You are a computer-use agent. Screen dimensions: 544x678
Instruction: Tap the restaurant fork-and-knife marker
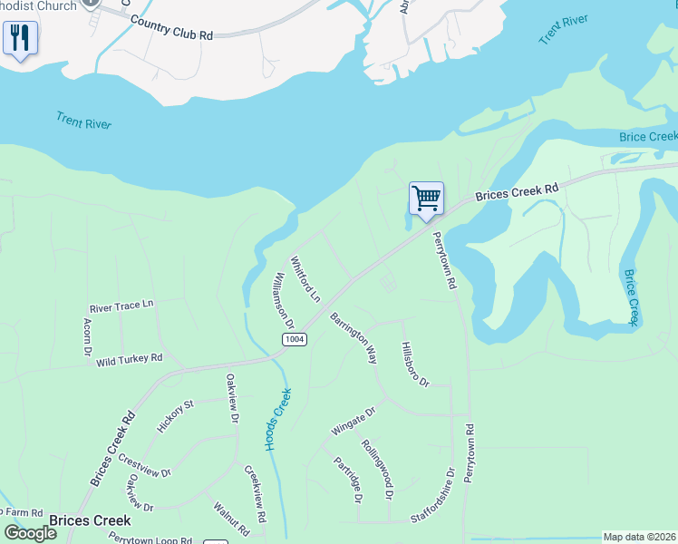pyautogui.click(x=20, y=39)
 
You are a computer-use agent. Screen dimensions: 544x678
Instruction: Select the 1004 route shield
pyautogui.click(x=294, y=339)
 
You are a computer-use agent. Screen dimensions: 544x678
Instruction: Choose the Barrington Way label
pyautogui.click(x=354, y=338)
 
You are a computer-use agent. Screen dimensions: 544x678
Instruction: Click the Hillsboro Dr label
pyautogui.click(x=414, y=364)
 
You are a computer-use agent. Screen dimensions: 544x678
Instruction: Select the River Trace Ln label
pyautogui.click(x=121, y=306)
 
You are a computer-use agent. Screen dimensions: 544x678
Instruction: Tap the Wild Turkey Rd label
pyautogui.click(x=129, y=360)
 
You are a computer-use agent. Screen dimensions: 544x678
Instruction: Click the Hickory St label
pyautogui.click(x=176, y=416)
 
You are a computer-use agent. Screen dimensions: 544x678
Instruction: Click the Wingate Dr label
pyautogui.click(x=353, y=419)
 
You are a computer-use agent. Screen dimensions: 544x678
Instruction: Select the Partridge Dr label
pyautogui.click(x=348, y=480)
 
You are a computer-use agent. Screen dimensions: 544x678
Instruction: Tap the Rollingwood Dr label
pyautogui.click(x=377, y=471)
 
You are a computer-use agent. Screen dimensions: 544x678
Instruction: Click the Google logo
pyautogui.click(x=31, y=533)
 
